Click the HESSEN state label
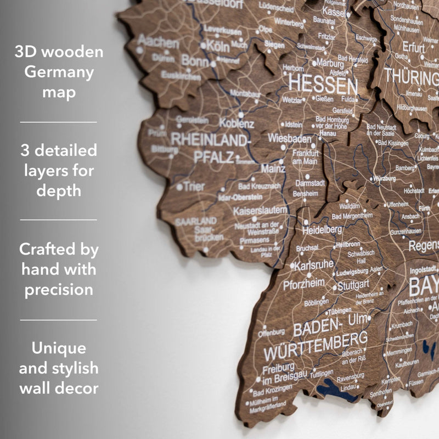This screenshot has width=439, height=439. [323, 85]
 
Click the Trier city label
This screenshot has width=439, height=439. [194, 186]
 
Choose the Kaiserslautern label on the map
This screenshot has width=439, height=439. [260, 210]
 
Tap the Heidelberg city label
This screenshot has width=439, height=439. [322, 229]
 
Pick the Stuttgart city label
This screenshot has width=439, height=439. [353, 285]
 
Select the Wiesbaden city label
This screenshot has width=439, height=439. [289, 138]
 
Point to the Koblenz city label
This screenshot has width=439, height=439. [237, 123]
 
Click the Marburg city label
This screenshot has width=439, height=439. [330, 63]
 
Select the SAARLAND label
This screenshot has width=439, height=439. [196, 222]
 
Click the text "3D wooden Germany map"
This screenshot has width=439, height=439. [59, 72]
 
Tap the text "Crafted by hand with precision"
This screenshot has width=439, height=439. [59, 269]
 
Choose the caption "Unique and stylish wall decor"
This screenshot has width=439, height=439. [59, 368]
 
